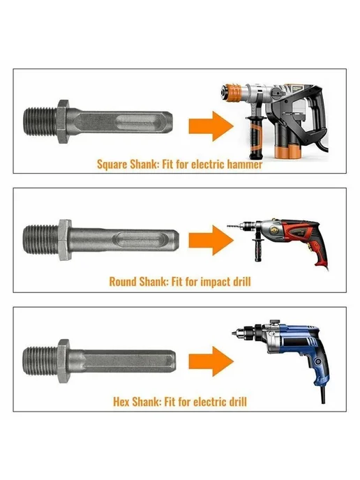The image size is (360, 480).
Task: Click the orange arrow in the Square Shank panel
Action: (211, 126)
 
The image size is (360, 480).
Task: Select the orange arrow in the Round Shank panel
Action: (211, 240)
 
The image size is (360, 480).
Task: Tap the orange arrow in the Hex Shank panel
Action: (211, 361)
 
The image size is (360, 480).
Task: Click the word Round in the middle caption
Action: (123, 281)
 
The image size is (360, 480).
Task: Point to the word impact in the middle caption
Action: (215, 282)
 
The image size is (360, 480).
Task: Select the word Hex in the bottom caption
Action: (121, 401)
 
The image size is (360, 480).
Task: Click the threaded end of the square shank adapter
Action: (40, 122)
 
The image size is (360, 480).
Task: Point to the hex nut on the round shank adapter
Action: (65, 240)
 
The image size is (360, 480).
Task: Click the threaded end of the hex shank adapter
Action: (40, 361)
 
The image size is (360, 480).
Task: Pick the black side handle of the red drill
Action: (258, 250)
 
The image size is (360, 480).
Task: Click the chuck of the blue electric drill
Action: (245, 332)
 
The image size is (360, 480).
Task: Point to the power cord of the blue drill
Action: (322, 393)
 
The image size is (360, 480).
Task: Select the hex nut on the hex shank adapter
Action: (63, 361)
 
